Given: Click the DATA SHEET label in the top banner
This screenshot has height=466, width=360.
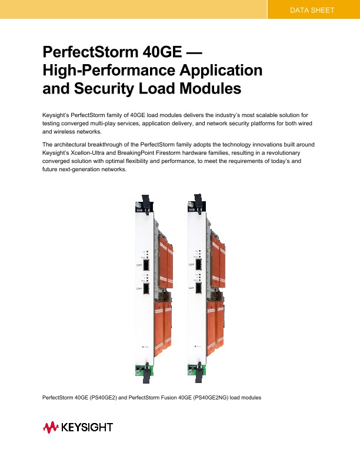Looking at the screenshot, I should click(312, 11).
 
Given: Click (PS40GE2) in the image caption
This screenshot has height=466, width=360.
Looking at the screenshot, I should click(104, 398).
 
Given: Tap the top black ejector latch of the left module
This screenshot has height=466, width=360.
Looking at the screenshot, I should click(144, 202).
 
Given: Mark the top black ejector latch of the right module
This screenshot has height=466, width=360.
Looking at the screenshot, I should click(198, 202).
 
